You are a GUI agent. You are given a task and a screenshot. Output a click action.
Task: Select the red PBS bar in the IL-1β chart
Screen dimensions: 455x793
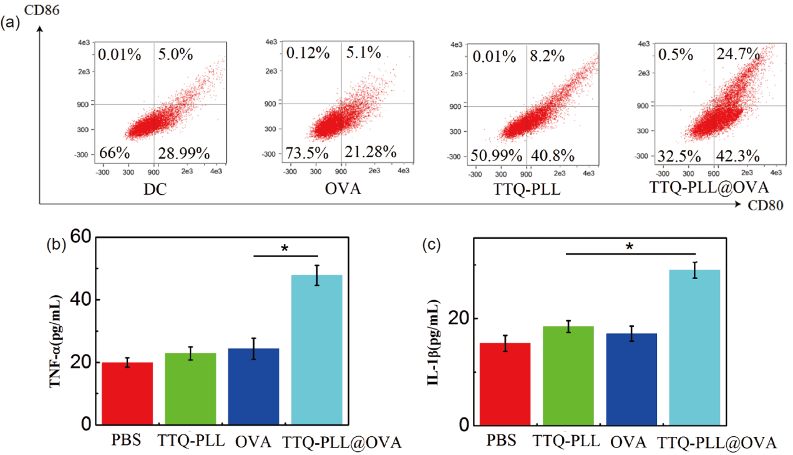508,384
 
